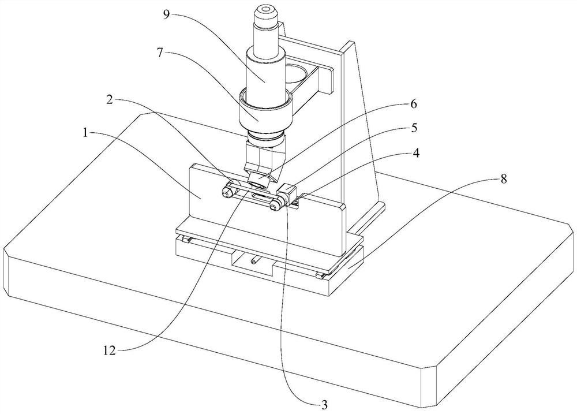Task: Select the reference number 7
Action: pos(159,53)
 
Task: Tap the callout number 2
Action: pos(109,99)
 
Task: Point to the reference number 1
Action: pos(85,133)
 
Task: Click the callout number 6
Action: pos(414,105)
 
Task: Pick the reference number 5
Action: pos(414,128)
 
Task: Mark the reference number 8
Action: pos(503,179)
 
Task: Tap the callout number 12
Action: pos(109,350)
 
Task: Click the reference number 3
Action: pos(324,405)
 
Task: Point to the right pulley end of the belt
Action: pos(277,204)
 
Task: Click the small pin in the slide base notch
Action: pos(253,262)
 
